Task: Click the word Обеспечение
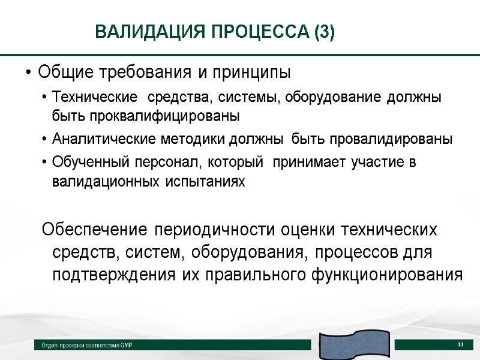(x=95, y=230)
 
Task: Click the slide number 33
(x=460, y=344)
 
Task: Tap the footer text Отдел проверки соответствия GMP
(x=87, y=346)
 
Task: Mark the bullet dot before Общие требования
(x=28, y=74)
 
